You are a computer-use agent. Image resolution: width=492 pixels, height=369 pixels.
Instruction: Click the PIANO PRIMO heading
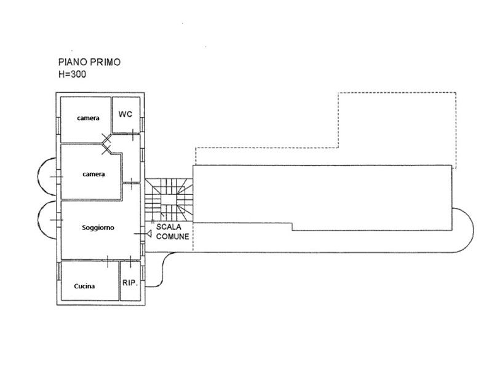click(89, 62)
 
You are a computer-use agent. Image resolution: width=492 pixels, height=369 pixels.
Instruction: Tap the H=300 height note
click(72, 74)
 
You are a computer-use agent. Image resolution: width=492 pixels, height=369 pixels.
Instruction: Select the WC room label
click(125, 114)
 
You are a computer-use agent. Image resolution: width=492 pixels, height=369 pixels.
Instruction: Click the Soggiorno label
click(98, 228)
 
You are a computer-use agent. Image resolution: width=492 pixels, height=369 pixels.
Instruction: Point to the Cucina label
click(84, 286)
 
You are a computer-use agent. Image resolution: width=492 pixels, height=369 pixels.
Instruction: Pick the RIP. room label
click(130, 283)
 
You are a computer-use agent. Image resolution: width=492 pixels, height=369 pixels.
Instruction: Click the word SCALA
click(169, 227)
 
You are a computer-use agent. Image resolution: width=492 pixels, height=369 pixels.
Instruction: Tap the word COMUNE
click(173, 236)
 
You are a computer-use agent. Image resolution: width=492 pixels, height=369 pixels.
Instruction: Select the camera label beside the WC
click(88, 118)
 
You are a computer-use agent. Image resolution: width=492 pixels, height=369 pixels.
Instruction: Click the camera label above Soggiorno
click(93, 174)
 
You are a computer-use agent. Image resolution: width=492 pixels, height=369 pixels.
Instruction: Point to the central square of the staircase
click(169, 201)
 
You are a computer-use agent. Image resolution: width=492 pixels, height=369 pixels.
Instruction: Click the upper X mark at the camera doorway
click(106, 138)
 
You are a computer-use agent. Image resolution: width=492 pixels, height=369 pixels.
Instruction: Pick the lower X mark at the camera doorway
click(106, 149)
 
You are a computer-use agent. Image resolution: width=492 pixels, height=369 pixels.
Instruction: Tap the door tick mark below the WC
click(133, 135)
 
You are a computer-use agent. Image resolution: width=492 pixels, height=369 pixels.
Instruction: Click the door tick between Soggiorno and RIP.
click(130, 260)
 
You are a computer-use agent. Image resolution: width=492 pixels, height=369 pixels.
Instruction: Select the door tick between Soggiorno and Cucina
click(108, 261)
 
